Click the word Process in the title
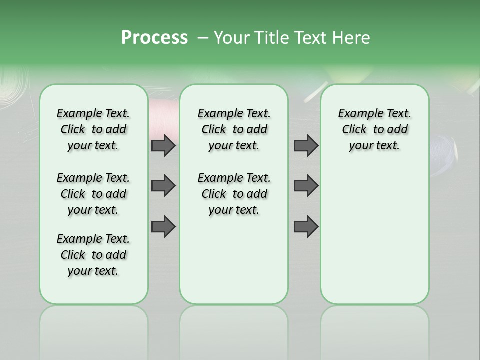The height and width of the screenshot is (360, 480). coord(154,38)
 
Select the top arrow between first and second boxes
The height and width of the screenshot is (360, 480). coord(163,145)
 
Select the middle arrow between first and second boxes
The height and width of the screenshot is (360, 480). coord(163,186)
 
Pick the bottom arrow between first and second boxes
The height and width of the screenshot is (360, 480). coord(163,227)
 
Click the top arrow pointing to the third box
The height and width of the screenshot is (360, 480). coord(306,145)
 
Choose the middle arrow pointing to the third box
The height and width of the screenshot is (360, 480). coord(306,186)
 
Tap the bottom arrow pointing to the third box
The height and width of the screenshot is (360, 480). coord(306,227)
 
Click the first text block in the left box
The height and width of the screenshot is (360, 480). coord(93,129)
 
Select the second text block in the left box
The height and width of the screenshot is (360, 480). coord(93,194)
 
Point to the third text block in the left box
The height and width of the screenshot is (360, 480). coord(93,255)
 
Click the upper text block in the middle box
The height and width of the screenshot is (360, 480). coord(234,129)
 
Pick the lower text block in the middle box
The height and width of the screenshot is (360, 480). coord(234,194)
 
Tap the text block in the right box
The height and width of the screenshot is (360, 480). coord(374,129)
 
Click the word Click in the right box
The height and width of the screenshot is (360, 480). coord(354,130)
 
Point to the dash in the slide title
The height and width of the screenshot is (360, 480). coord(203,38)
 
